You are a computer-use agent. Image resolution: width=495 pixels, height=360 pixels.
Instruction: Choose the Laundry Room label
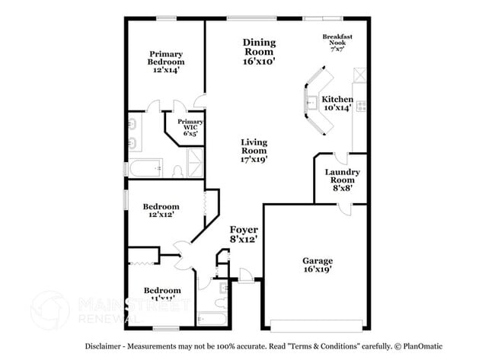pos(342,177)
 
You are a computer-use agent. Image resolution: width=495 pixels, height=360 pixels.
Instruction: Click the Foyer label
pos(244,234)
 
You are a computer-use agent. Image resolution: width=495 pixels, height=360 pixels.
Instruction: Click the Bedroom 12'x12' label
pos(161,211)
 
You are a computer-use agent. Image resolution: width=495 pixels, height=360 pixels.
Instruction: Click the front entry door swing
pos(246,274)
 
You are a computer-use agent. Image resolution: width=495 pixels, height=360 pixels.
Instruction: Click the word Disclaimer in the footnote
pos(103,346)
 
